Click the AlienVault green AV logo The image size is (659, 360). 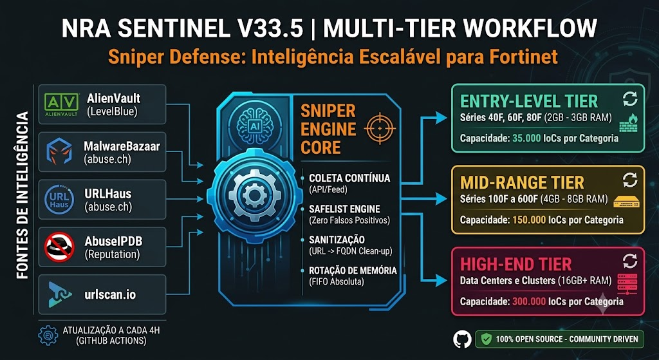[61, 104]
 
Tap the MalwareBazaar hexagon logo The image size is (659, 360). [59, 151]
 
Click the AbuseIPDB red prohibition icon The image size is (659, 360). [59, 247]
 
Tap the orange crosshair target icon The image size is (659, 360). [380, 128]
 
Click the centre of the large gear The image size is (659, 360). [254, 195]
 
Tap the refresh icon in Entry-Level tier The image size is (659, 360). [629, 99]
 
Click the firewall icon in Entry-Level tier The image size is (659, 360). [629, 123]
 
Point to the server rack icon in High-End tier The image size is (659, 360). [627, 284]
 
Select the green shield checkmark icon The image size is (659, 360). [487, 339]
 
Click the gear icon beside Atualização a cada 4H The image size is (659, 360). [48, 335]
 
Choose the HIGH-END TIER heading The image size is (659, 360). [516, 264]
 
